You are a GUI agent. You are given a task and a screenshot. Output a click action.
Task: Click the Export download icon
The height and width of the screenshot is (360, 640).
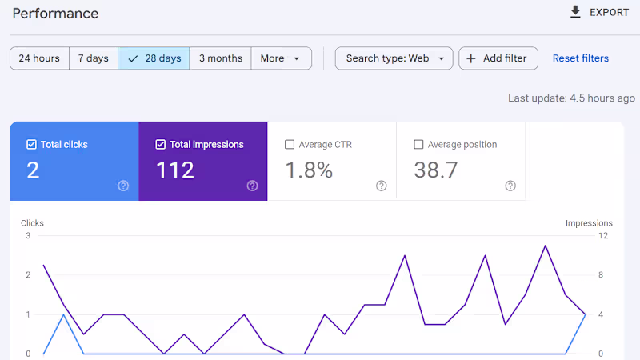point(575,12)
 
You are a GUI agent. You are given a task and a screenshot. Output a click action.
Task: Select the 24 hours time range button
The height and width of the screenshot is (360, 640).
point(39,58)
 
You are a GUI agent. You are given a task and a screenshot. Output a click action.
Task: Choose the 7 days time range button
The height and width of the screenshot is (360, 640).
point(94,58)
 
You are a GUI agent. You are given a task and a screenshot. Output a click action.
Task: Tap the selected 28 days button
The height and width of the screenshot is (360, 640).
point(154,58)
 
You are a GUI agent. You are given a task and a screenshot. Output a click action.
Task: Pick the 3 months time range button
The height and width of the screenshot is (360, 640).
point(221,58)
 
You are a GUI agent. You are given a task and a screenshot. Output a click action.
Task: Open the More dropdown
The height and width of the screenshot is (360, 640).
point(282,58)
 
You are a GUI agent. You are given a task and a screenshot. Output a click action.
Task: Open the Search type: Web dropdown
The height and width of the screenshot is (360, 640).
point(394,58)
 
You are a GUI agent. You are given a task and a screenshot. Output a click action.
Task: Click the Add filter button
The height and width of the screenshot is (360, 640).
point(498,58)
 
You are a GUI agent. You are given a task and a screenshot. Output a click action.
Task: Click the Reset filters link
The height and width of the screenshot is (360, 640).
point(581,58)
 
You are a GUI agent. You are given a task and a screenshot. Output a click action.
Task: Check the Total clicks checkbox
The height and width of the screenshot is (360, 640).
point(31,145)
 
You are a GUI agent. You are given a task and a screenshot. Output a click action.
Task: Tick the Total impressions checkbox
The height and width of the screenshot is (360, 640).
point(161,145)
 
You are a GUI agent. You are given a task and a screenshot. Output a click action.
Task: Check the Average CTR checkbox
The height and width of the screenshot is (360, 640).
point(290,145)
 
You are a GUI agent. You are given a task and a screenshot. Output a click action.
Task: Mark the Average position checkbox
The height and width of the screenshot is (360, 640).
point(418,145)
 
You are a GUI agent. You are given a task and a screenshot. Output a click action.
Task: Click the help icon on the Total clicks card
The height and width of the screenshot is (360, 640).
point(123,186)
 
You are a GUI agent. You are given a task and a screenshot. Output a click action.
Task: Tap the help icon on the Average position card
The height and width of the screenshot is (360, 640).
point(510,186)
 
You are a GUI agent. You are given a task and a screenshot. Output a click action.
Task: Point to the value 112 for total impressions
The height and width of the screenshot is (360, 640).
point(175,170)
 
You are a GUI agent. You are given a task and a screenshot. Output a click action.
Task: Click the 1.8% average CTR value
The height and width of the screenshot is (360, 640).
point(309,170)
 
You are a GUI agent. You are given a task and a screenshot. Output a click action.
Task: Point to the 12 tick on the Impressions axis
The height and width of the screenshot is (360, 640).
point(603,235)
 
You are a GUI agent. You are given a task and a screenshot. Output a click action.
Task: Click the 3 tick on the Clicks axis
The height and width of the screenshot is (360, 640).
point(28,235)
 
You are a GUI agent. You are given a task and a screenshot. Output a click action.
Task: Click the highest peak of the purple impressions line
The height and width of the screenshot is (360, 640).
point(546,246)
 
